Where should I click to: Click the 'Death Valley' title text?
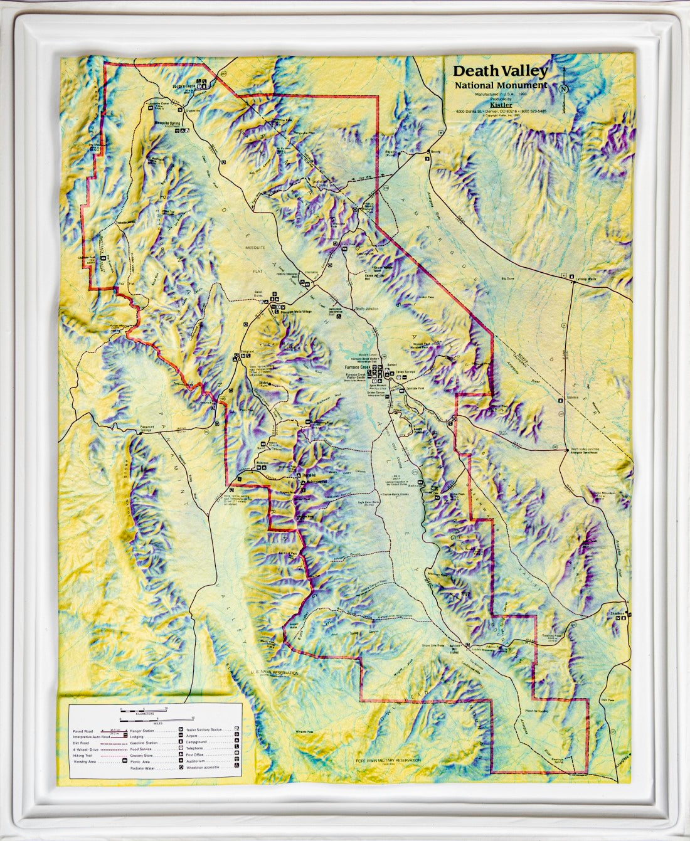click(500, 71)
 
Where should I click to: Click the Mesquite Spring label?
click(167, 124)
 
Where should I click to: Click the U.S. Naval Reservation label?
click(274, 672)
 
